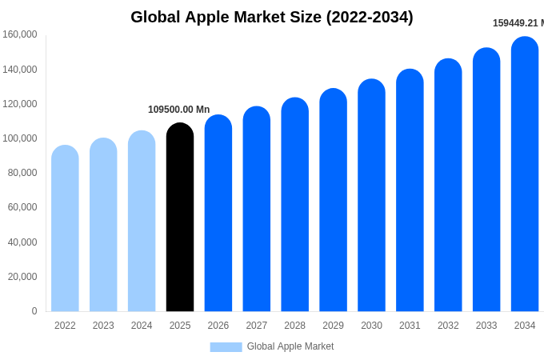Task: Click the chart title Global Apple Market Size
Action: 272,17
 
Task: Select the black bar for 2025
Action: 180,218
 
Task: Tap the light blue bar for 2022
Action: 65,229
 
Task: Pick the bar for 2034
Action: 525,174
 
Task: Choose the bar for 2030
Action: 371,196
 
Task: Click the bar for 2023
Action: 103,226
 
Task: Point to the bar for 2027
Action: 257,210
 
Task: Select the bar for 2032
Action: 448,186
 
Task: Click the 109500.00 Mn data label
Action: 178,110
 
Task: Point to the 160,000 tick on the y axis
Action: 20,34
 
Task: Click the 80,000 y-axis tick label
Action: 22,173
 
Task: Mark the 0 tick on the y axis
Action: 34,311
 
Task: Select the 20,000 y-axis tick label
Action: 22,277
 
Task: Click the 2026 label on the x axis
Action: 218,326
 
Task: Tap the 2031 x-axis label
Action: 410,326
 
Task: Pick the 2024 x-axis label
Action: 142,326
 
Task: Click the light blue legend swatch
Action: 226,346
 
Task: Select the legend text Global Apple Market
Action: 290,346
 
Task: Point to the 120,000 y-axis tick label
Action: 20,104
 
